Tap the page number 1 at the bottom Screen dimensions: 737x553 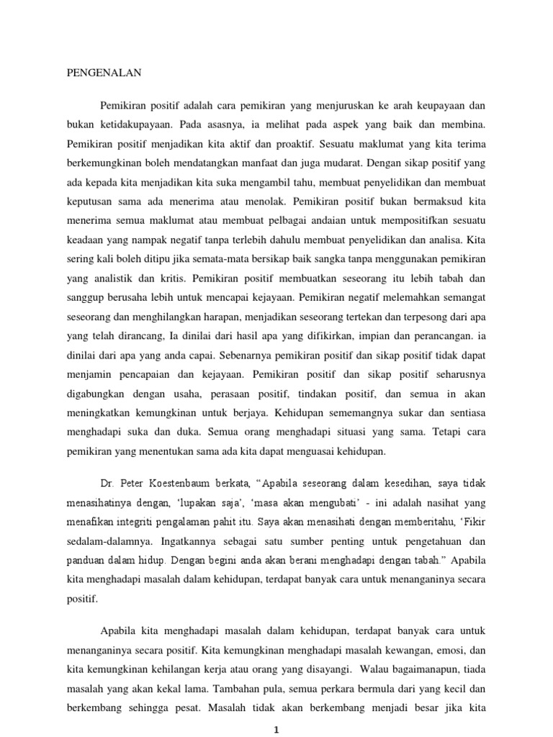tap(276, 728)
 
